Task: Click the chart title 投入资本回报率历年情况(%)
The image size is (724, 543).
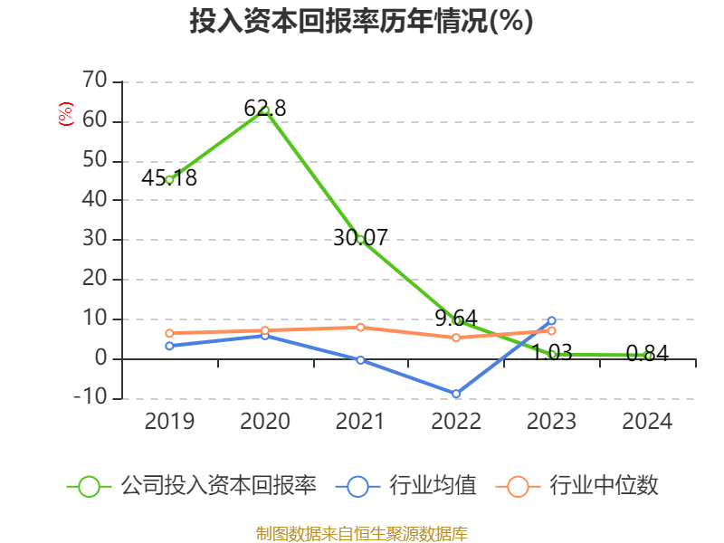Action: (361, 22)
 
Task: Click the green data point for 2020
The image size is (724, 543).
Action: (265, 110)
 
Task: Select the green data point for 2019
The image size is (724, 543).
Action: (169, 179)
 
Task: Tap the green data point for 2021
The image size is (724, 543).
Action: (360, 239)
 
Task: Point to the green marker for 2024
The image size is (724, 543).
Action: (648, 356)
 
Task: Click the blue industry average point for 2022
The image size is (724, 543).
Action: (456, 394)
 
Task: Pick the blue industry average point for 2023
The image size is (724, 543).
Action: (552, 320)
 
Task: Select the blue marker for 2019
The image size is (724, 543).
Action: (169, 346)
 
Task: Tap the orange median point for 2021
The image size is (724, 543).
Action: (360, 327)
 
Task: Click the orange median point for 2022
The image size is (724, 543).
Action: (456, 338)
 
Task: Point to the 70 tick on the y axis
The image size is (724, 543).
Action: (94, 81)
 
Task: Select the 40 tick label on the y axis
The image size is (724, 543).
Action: (94, 200)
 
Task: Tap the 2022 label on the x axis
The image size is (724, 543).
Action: (456, 422)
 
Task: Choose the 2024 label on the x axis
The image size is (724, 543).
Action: (648, 422)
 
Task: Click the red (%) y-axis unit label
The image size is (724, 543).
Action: (65, 115)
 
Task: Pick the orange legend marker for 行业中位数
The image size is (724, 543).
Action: (518, 486)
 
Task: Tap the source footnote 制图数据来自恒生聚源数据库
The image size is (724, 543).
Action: (361, 533)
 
